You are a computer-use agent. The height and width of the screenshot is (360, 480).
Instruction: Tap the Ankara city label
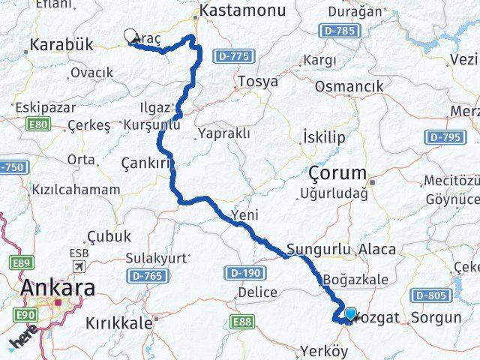click(x=58, y=287)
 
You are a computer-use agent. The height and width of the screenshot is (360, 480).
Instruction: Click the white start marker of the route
click(x=130, y=36)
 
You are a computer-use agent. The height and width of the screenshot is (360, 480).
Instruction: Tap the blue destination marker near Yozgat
click(x=350, y=313)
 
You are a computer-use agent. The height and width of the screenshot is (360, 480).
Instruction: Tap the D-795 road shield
click(x=442, y=137)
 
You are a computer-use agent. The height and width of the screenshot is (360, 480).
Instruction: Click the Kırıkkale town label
click(x=118, y=323)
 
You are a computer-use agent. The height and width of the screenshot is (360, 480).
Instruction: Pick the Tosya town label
click(x=257, y=81)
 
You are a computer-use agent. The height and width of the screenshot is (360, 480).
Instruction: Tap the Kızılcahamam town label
click(x=75, y=190)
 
